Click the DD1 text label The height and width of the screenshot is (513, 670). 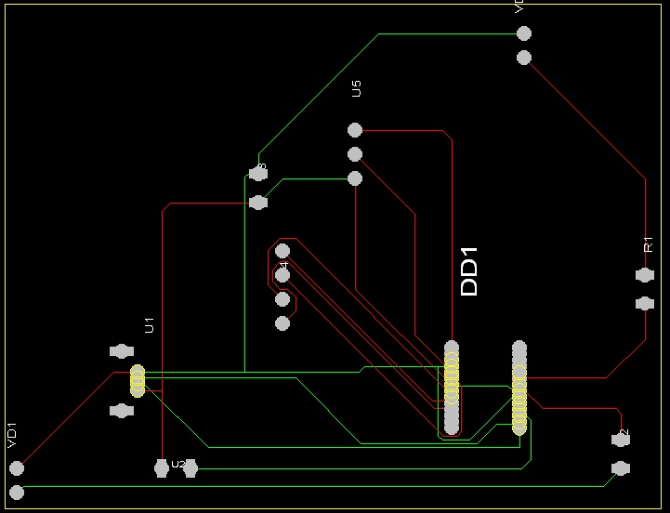coord(469,271)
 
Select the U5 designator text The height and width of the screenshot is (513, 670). coord(356,88)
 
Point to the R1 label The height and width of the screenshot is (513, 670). coord(649,243)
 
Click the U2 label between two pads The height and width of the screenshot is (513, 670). coord(177,464)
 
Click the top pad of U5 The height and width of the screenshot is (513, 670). coord(354,130)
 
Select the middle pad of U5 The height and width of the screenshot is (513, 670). coord(354,154)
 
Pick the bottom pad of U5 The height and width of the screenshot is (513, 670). coord(354,178)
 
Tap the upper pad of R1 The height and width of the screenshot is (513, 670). coord(644,275)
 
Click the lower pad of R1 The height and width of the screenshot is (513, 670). coord(644,303)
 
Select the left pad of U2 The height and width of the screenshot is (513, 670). coord(162,469)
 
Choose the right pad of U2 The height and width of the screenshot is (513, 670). coord(190,469)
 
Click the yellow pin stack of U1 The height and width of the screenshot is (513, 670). coord(138,380)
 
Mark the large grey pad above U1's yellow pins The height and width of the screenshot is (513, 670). coord(121,351)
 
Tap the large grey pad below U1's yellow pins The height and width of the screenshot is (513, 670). coord(121,410)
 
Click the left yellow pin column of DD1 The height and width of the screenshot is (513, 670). coord(452,388)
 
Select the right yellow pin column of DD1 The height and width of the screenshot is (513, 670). coord(519,388)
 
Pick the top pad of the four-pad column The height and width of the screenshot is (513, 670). coord(283,251)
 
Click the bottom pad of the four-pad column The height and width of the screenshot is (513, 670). coord(283,323)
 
